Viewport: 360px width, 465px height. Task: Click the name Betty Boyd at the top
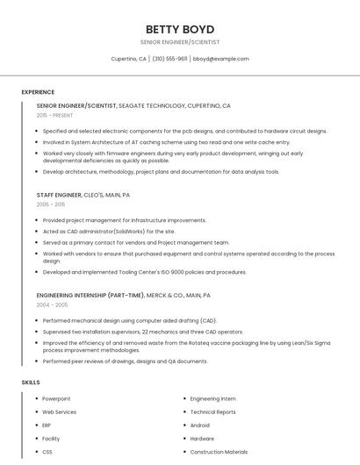click(x=179, y=29)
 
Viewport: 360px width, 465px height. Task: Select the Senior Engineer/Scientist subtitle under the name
click(x=179, y=42)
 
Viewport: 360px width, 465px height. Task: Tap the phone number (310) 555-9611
click(x=169, y=59)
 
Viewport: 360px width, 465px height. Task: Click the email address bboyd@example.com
click(x=220, y=59)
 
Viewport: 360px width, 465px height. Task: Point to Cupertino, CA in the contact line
click(x=129, y=59)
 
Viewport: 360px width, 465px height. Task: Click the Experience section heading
click(x=38, y=92)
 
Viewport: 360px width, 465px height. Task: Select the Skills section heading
click(x=31, y=383)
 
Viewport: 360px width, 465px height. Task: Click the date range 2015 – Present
click(x=56, y=115)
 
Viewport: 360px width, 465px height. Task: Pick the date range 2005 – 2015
click(x=51, y=204)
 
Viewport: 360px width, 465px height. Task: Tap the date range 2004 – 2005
click(x=52, y=304)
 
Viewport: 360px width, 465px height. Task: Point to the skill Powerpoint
click(x=56, y=398)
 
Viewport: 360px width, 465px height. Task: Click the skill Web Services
click(x=60, y=411)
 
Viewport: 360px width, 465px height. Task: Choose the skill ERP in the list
click(x=47, y=425)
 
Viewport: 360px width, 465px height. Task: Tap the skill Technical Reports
click(x=212, y=411)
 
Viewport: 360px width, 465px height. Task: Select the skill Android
click(x=200, y=425)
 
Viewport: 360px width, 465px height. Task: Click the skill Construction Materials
click(x=219, y=452)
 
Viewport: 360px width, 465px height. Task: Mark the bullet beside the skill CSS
click(x=36, y=452)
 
